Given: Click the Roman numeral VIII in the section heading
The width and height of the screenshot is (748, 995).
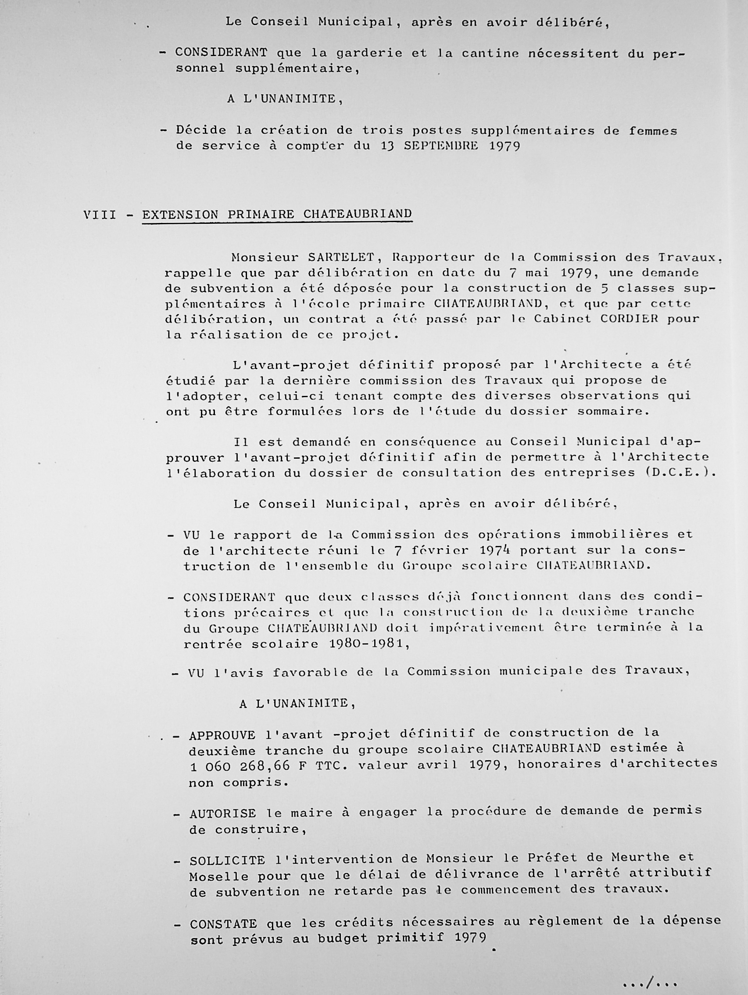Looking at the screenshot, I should tap(99, 215).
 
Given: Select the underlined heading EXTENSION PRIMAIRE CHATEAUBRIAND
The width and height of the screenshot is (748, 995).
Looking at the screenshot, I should tap(277, 214).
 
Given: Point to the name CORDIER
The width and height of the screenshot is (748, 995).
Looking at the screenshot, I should tap(628, 319).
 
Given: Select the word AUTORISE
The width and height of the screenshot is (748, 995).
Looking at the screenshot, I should tap(222, 814).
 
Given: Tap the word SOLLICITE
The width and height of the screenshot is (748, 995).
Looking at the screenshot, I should tap(227, 861).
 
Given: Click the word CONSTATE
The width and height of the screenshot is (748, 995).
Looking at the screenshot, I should tap(223, 924).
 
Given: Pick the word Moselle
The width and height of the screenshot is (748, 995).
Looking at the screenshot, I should tap(218, 876).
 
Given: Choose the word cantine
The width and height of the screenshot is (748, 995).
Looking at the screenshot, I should tap(490, 54).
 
